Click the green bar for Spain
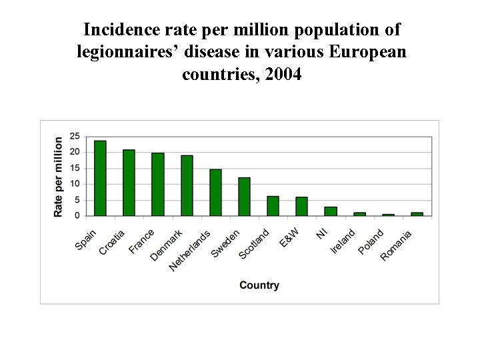pyautogui.click(x=100, y=178)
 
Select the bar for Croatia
pyautogui.click(x=129, y=183)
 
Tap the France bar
pyautogui.click(x=157, y=184)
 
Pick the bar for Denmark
pyautogui.click(x=187, y=185)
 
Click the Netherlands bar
pyautogui.click(x=215, y=193)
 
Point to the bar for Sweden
pyautogui.click(x=244, y=197)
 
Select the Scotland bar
pyautogui.click(x=273, y=206)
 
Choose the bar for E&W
pyautogui.click(x=301, y=207)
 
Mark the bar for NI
pyautogui.click(x=331, y=211)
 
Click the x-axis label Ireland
pyautogui.click(x=343, y=241)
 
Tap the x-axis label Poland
pyautogui.click(x=371, y=241)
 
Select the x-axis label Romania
pyautogui.click(x=397, y=245)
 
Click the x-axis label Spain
pyautogui.click(x=86, y=239)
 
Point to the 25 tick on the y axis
pyautogui.click(x=74, y=136)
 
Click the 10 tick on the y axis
pyautogui.click(x=74, y=184)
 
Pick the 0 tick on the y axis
pyautogui.click(x=77, y=216)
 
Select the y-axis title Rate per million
pyautogui.click(x=59, y=177)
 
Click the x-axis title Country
pyautogui.click(x=259, y=285)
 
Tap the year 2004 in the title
pyautogui.click(x=283, y=74)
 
